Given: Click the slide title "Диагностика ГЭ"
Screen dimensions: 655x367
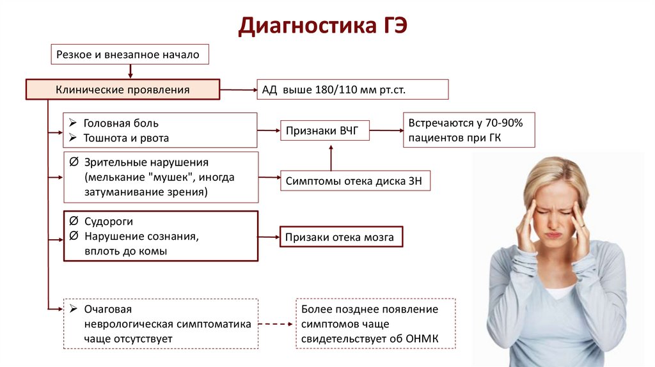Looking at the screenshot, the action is pyautogui.click(x=322, y=27).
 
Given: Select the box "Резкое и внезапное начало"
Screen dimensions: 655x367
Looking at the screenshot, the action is pyautogui.click(x=130, y=55).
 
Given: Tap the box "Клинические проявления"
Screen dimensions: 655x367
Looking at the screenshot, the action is pyautogui.click(x=123, y=90).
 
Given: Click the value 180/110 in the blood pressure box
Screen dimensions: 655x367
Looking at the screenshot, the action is pyautogui.click(x=336, y=90).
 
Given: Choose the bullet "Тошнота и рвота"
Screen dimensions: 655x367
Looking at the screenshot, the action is pyautogui.click(x=126, y=138).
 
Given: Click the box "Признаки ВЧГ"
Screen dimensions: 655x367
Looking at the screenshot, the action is pyautogui.click(x=324, y=131).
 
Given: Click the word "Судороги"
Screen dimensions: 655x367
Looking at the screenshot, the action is pyautogui.click(x=109, y=221).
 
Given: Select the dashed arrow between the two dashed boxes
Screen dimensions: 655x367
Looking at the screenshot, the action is pyautogui.click(x=277, y=324).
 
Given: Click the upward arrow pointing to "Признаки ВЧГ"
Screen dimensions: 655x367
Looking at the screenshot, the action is pyautogui.click(x=331, y=157).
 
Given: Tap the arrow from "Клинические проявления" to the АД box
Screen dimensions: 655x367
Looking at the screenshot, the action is pyautogui.click(x=238, y=90).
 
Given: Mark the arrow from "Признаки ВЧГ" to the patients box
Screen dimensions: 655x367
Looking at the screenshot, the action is pyautogui.click(x=385, y=131).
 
